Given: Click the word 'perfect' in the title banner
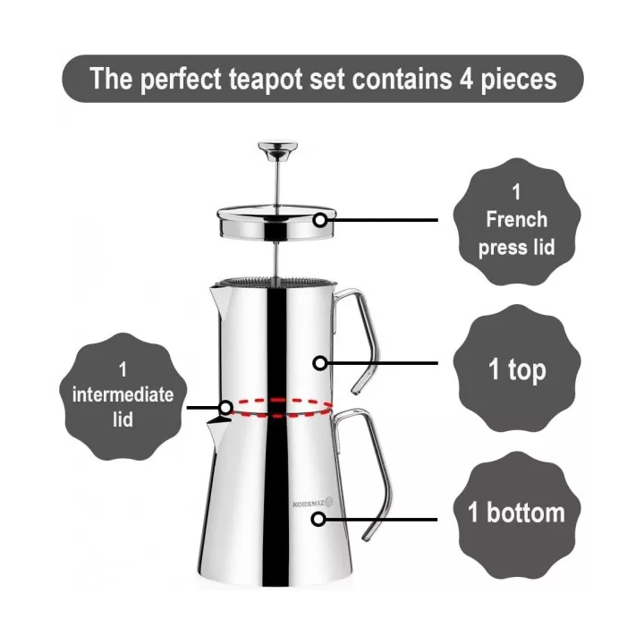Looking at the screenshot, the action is pyautogui.click(x=181, y=80).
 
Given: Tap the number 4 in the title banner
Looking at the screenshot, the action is pyautogui.click(x=466, y=79).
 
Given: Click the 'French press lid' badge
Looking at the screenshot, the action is pyautogui.click(x=517, y=222).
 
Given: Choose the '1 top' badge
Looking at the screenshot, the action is pyautogui.click(x=517, y=369).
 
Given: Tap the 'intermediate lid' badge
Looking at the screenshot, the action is pyautogui.click(x=123, y=396).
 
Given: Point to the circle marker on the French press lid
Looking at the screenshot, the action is pyautogui.click(x=320, y=220).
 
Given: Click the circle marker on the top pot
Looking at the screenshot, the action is pyautogui.click(x=320, y=363).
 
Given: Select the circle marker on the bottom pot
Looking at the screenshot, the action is pyautogui.click(x=318, y=519).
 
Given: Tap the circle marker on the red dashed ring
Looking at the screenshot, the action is pyautogui.click(x=226, y=408).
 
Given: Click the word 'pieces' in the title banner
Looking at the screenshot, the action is pyautogui.click(x=519, y=80).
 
